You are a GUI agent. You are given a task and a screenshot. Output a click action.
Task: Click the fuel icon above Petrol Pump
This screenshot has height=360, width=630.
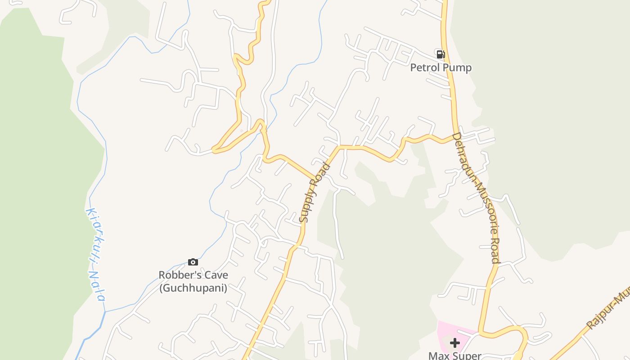441,54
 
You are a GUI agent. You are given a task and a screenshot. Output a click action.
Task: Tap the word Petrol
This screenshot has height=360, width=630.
425,67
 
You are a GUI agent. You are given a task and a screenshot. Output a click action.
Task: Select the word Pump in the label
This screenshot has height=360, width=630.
457,67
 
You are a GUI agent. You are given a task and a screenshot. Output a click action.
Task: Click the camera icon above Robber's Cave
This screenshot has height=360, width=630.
193,262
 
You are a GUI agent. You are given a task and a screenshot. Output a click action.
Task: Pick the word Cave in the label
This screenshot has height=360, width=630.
216,275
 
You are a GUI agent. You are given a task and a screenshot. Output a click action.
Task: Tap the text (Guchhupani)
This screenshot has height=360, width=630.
193,287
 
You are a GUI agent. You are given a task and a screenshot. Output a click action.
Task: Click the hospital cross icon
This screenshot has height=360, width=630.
454,343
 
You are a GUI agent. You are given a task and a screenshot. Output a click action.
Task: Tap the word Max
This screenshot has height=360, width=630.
439,355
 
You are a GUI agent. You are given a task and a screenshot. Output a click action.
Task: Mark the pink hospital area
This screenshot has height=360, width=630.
445,331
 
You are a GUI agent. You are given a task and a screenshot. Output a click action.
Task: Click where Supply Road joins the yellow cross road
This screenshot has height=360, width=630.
338,147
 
